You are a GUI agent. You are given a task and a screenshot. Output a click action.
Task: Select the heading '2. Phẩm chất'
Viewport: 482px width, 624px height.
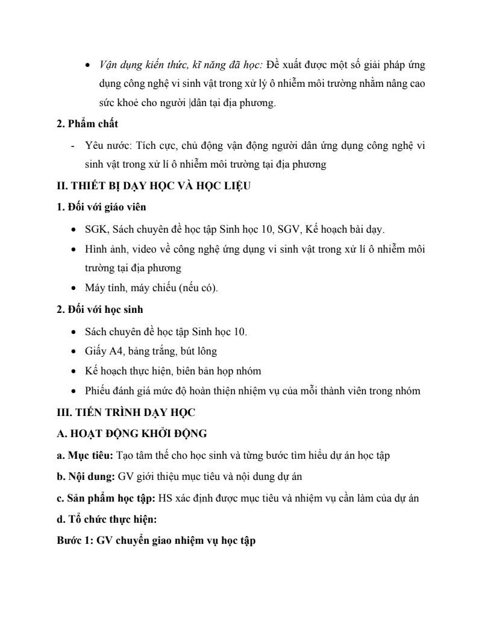tap(87, 124)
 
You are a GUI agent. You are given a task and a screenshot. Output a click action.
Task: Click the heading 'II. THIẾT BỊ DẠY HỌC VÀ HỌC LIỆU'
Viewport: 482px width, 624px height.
tap(154, 186)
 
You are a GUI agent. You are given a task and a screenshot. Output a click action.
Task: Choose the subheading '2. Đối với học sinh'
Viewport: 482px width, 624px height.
tap(99, 309)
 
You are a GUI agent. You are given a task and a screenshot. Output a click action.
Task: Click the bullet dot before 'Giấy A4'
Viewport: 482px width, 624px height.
tap(73, 351)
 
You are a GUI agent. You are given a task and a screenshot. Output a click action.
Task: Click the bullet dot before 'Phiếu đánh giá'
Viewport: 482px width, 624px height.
tap(73, 391)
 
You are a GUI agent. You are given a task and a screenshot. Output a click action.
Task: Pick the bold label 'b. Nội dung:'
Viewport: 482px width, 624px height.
tap(86, 476)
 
